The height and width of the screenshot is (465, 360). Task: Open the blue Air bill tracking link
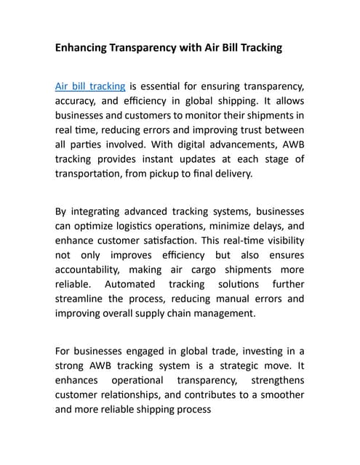pyautogui.click(x=90, y=86)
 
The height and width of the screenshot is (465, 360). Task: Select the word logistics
pyautogui.click(x=146, y=226)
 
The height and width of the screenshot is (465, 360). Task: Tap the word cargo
pyautogui.click(x=201, y=270)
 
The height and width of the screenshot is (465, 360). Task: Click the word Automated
pyautogui.click(x=129, y=284)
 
